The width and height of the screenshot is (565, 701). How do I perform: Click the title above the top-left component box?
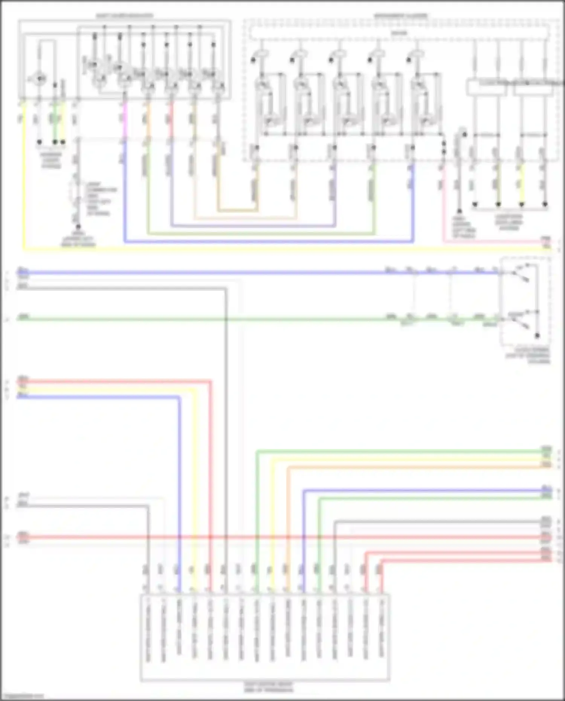click(124, 16)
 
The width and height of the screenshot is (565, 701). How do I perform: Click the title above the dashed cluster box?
click(400, 16)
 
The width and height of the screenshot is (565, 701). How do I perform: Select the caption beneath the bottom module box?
click(268, 687)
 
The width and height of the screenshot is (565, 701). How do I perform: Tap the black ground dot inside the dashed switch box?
click(537, 336)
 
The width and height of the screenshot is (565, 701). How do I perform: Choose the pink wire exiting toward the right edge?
click(490, 241)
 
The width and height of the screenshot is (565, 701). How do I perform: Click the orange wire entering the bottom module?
click(288, 527)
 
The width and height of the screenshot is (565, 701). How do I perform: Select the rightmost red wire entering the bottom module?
click(381, 576)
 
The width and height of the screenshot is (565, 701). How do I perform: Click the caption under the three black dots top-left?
click(51, 160)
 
